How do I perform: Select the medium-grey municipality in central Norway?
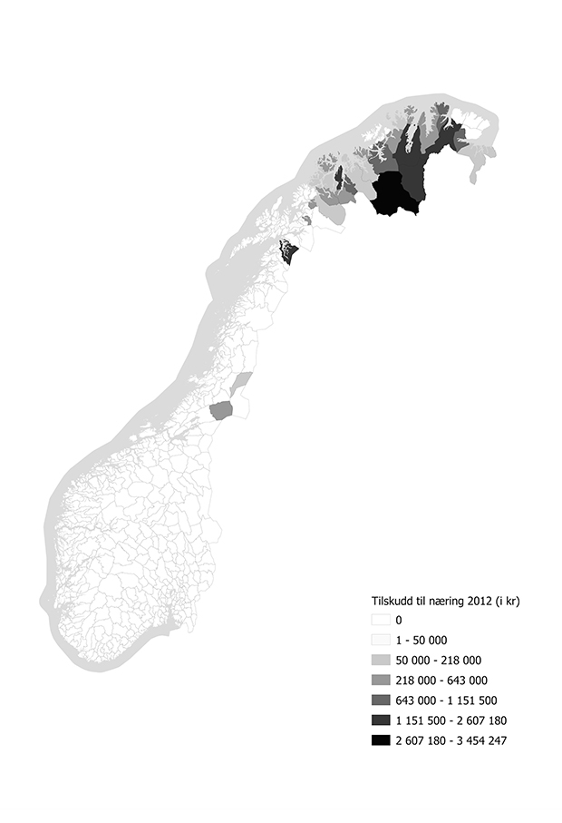tap(221, 411)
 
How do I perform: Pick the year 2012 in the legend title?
tap(481, 600)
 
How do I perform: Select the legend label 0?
tap(399, 620)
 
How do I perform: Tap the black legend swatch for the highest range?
tap(381, 740)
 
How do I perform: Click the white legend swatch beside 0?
tap(381, 620)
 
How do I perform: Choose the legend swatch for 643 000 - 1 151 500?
tap(381, 701)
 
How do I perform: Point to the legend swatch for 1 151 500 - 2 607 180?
tap(381, 720)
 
